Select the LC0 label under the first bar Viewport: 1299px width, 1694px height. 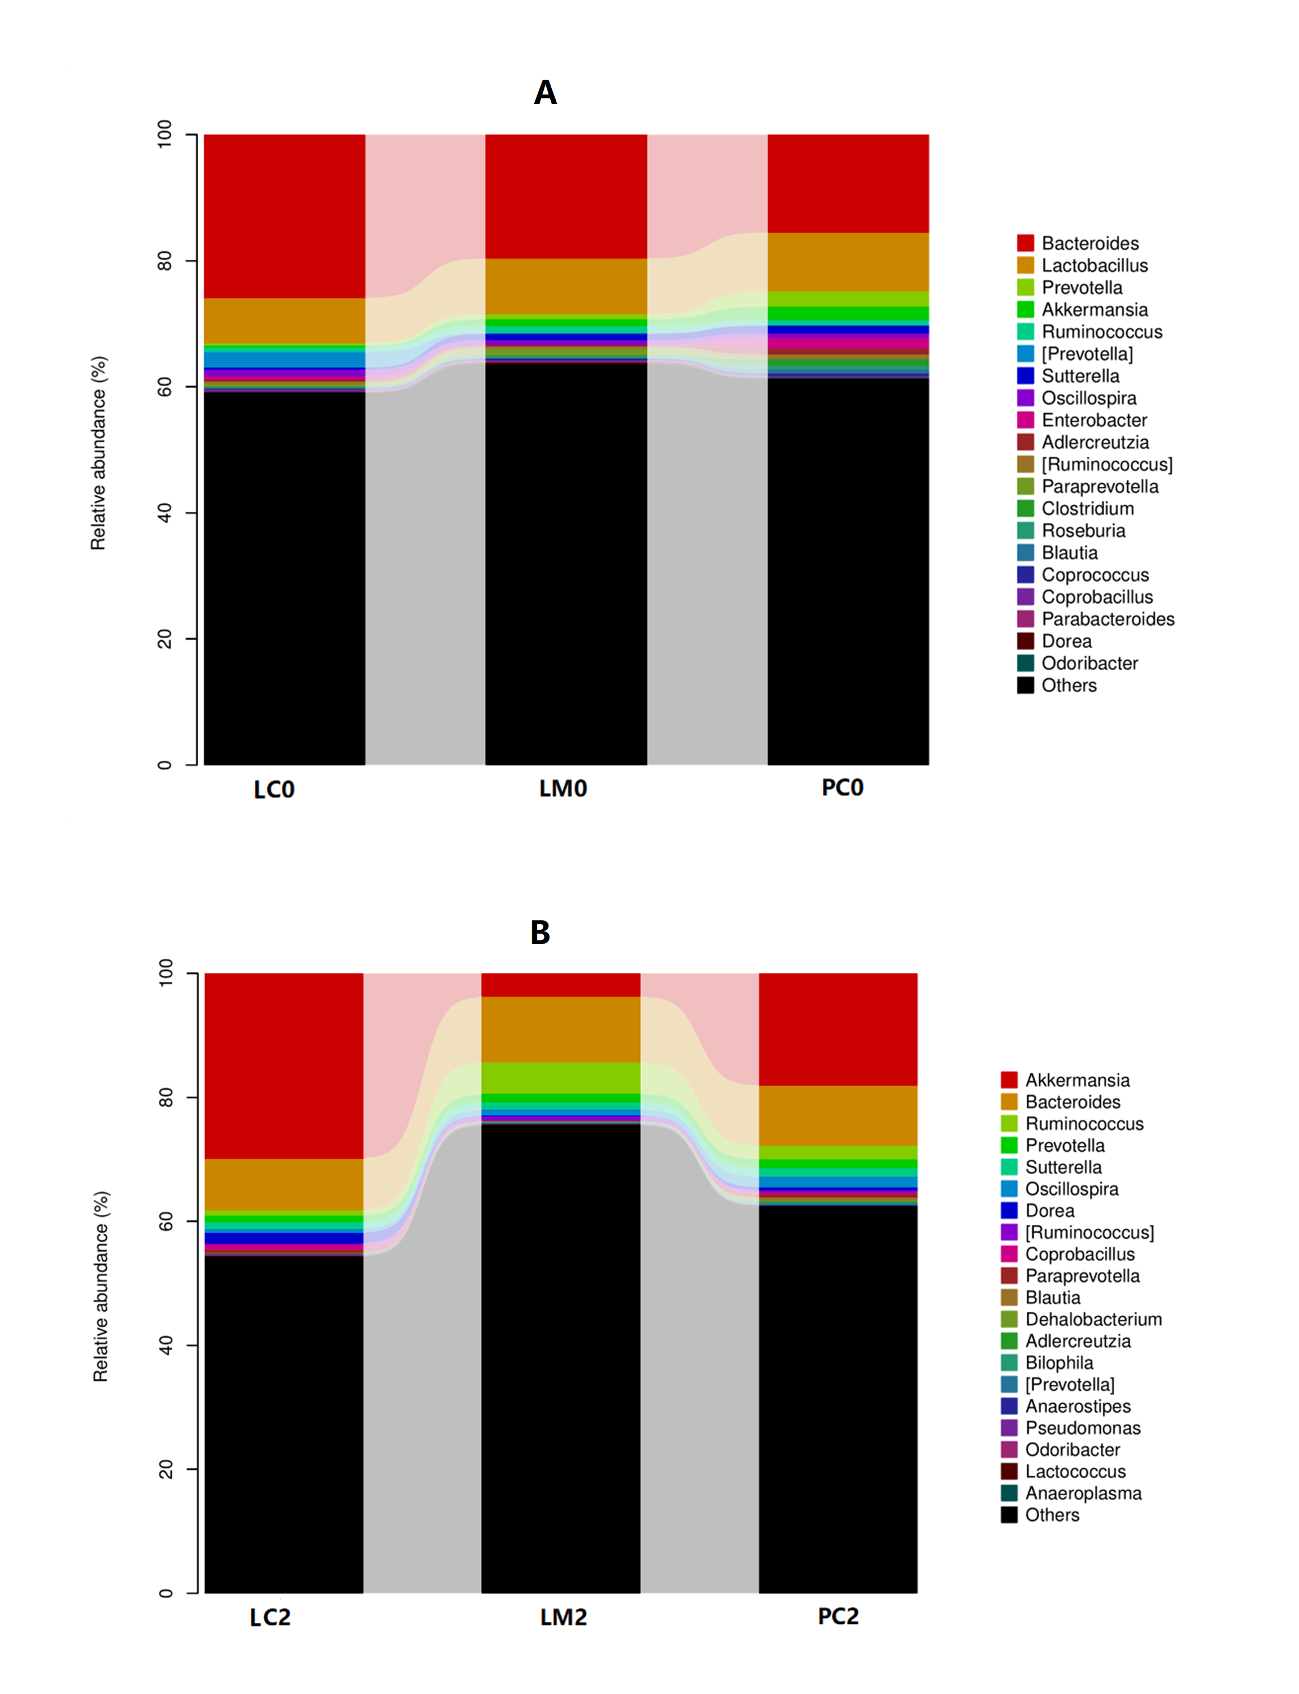pos(274,789)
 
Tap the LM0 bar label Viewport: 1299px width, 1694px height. pos(563,789)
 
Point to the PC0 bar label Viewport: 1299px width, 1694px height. pos(842,787)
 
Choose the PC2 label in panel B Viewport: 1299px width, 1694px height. pos(838,1616)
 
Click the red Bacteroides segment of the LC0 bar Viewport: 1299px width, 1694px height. pos(285,216)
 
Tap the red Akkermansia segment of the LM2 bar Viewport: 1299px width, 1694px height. pos(561,985)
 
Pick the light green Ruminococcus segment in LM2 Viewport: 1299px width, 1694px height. pos(561,1078)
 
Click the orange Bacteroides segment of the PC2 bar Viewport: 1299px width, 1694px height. pos(838,1116)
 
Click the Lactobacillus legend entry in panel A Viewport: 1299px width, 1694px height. pos(1093,265)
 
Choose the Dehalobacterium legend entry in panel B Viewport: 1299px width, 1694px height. pos(1092,1319)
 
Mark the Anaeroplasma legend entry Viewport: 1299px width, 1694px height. pos(1083,1493)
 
